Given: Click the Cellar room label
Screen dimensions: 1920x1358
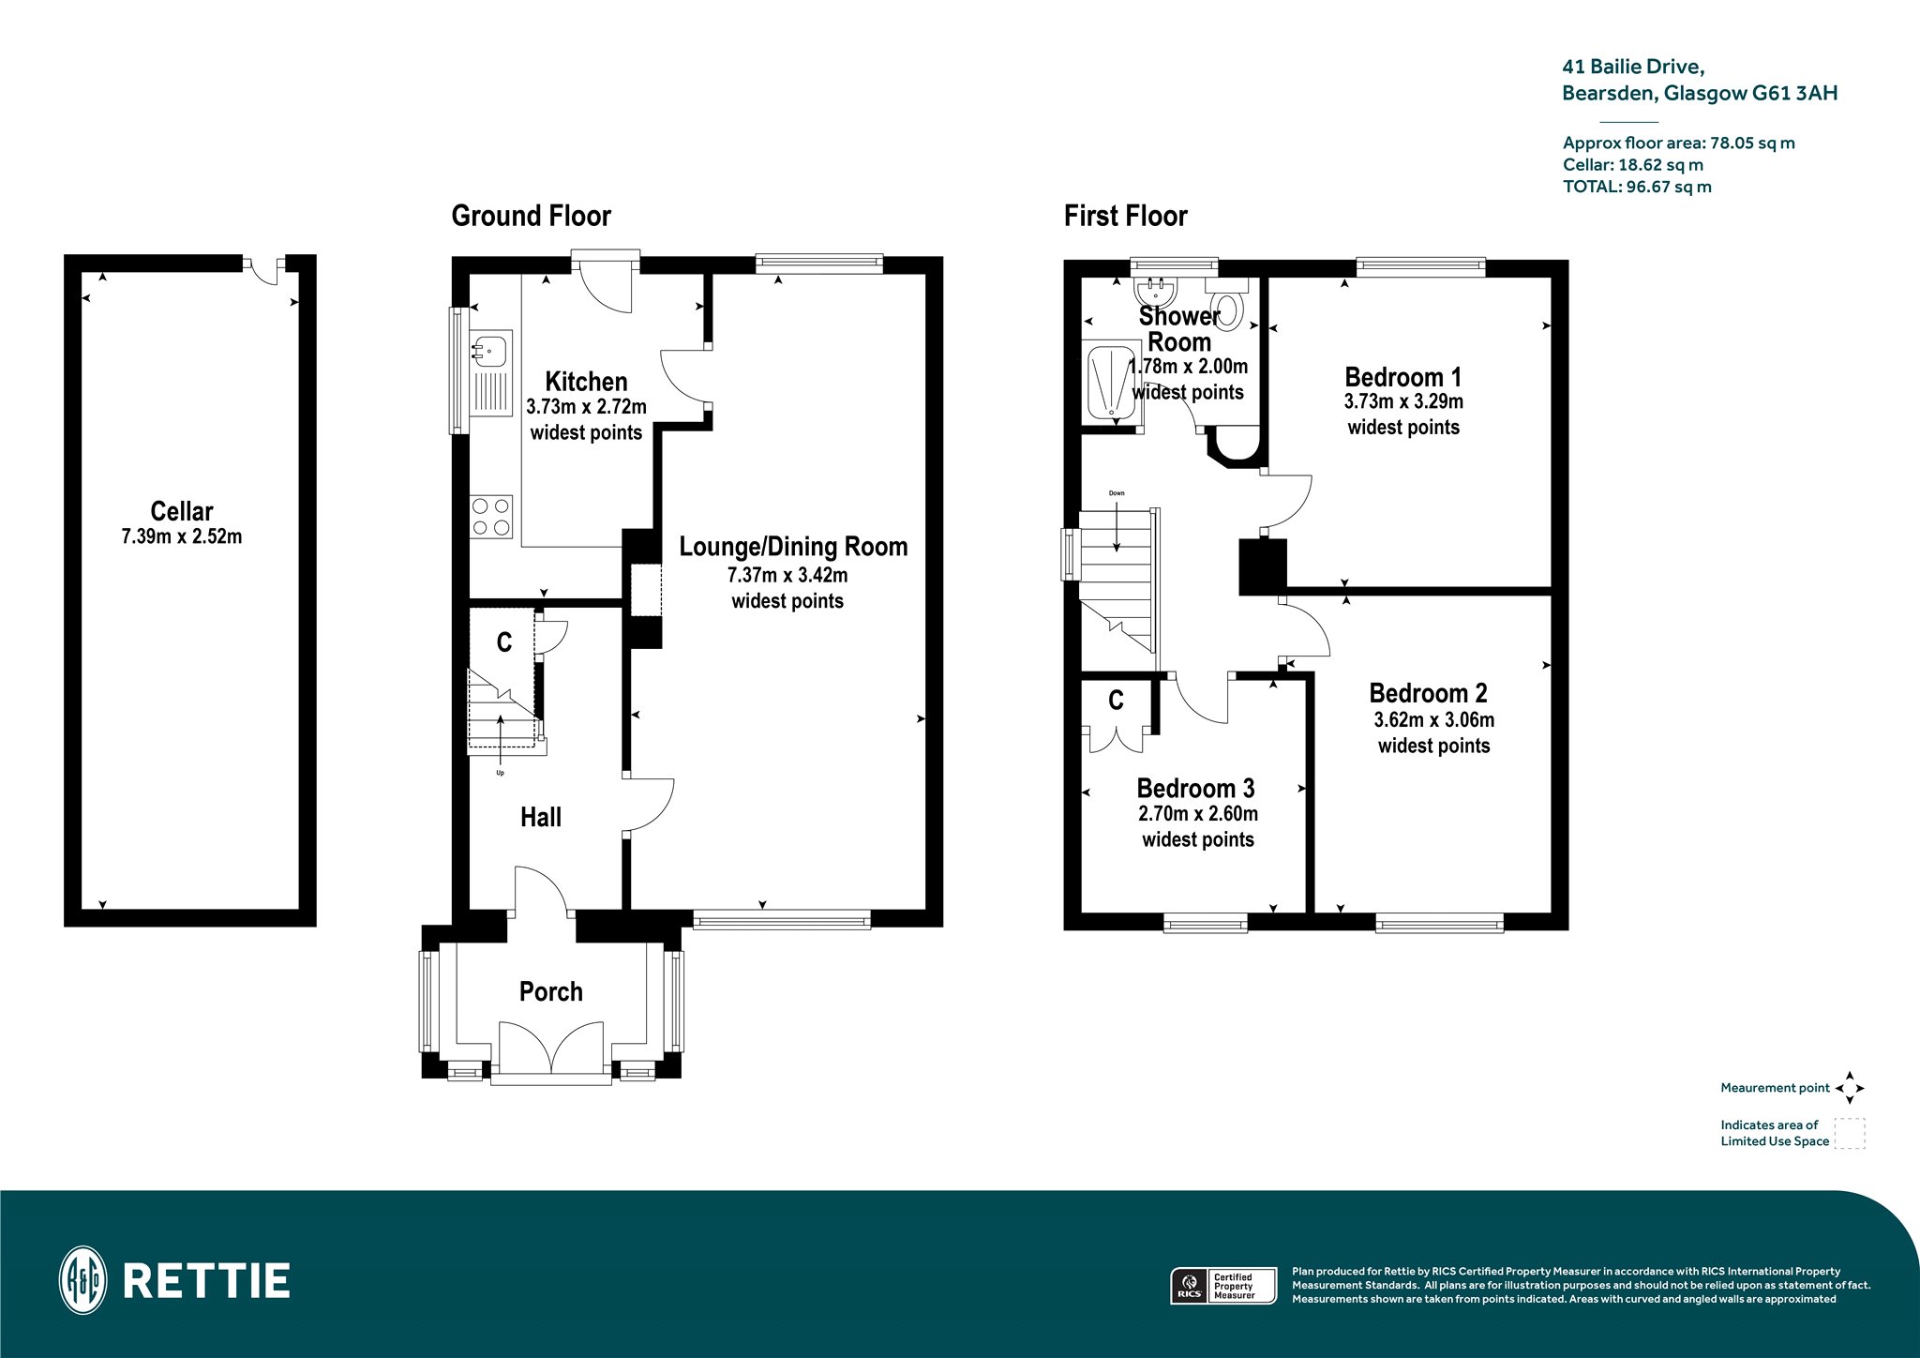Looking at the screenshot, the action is (x=182, y=511).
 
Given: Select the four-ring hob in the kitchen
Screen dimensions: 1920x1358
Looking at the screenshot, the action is (x=491, y=517).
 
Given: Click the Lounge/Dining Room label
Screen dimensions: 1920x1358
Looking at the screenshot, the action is (x=793, y=547).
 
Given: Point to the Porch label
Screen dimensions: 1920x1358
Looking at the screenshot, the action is (x=551, y=991).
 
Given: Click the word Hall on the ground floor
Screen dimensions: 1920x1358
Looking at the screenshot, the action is (x=541, y=817).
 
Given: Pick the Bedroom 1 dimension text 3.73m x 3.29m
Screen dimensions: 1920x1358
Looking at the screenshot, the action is (x=1403, y=401).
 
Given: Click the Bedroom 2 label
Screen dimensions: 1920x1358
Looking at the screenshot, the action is (x=1428, y=693).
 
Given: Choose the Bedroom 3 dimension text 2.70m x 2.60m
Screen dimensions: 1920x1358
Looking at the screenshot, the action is (x=1198, y=814).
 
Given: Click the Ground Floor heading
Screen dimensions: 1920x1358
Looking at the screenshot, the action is (x=532, y=217).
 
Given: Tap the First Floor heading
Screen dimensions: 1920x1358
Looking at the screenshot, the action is (x=1125, y=217).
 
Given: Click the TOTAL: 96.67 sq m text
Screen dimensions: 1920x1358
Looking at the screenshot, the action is (x=1637, y=187).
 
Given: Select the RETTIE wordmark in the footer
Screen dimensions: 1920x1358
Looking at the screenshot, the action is (x=206, y=1281).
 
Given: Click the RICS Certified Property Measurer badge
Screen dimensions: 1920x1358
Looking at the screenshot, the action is (x=1223, y=1285).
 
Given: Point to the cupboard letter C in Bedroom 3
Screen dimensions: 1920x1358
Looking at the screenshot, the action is (x=1116, y=701).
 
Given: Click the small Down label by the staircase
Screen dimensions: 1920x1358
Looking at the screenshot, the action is (x=1117, y=493).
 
